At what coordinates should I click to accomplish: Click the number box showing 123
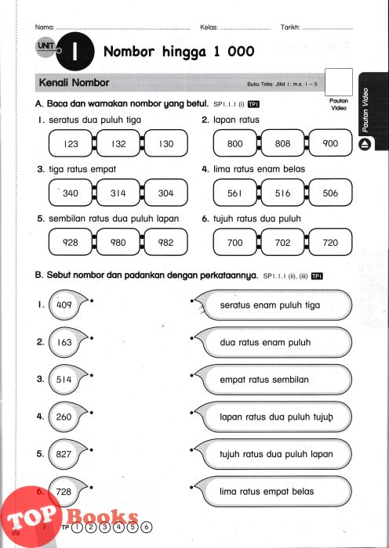click(x=71, y=143)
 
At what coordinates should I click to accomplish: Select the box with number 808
click(x=282, y=143)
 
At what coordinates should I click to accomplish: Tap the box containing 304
click(x=166, y=193)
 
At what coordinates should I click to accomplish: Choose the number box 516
click(x=282, y=193)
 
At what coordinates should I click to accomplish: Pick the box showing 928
click(x=71, y=242)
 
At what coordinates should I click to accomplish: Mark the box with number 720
click(x=330, y=242)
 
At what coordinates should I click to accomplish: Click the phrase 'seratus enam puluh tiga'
click(x=270, y=305)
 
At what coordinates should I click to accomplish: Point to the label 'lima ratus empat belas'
click(x=267, y=492)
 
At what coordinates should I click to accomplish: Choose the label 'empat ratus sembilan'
click(x=264, y=380)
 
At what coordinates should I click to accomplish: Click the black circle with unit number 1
click(x=75, y=52)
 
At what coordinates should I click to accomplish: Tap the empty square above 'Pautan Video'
click(x=339, y=82)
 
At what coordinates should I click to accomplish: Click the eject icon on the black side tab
click(x=365, y=144)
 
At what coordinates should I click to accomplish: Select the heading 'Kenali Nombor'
click(x=75, y=82)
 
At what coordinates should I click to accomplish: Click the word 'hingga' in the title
click(x=184, y=52)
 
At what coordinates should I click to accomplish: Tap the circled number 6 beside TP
click(x=147, y=527)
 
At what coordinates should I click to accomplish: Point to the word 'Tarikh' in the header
click(x=291, y=27)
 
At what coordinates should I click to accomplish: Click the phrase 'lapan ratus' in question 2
click(x=236, y=120)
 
